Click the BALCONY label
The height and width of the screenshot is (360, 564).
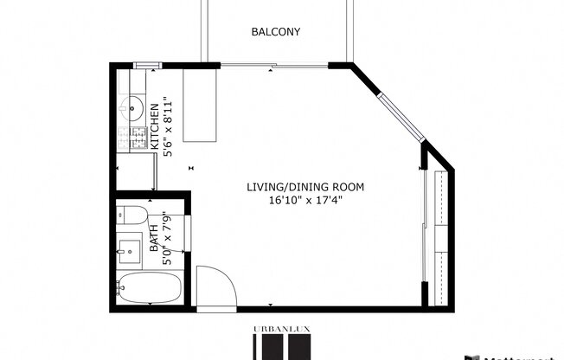click(275, 32)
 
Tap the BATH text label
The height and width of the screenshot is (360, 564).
click(154, 236)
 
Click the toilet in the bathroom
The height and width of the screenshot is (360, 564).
click(133, 215)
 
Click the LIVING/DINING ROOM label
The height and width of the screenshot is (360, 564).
click(305, 187)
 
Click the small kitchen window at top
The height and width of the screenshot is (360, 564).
click(146, 65)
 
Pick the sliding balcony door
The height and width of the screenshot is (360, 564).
click(275, 65)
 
